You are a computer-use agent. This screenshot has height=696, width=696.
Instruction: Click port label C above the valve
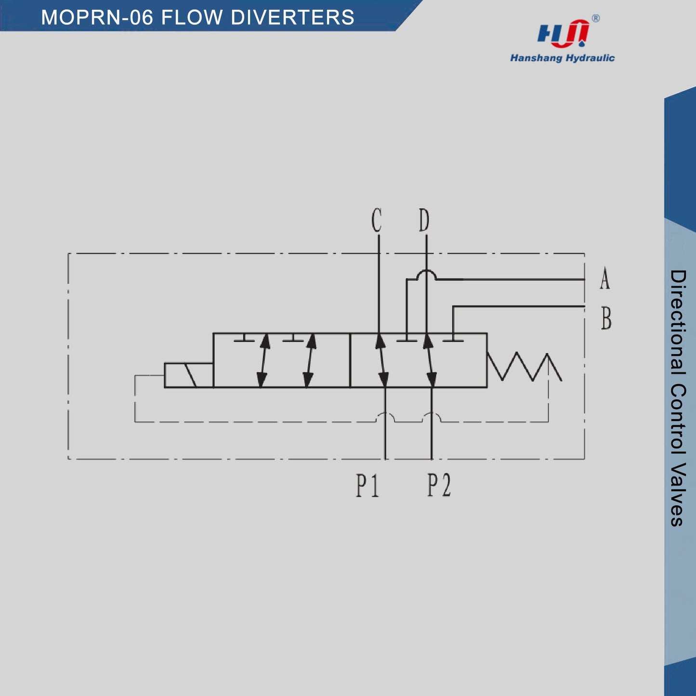click(x=376, y=220)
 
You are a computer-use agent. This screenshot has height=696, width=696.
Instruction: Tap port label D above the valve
click(x=424, y=220)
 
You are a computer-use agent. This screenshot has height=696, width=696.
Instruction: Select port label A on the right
click(x=605, y=278)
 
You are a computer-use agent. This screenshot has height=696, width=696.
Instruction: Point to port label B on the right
click(x=606, y=318)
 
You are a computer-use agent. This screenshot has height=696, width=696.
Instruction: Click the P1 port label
click(x=368, y=486)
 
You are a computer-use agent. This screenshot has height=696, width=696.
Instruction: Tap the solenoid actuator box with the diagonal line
click(x=188, y=375)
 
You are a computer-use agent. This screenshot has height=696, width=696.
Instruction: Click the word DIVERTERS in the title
click(x=292, y=17)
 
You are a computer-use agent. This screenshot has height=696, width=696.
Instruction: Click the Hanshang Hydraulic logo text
click(x=563, y=58)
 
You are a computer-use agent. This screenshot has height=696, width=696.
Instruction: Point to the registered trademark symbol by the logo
click(x=596, y=18)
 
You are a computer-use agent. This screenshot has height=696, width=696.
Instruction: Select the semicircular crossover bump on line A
click(x=427, y=275)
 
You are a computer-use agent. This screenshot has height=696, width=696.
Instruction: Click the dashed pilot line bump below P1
click(x=385, y=417)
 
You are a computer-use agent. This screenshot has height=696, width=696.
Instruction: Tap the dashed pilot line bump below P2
click(x=432, y=417)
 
